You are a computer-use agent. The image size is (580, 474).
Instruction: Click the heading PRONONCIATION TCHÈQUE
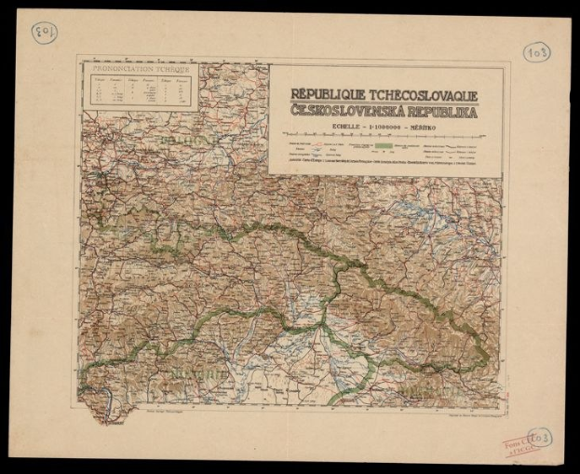click(x=136, y=69)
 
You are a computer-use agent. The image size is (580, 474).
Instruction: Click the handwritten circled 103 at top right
click(x=536, y=52)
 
